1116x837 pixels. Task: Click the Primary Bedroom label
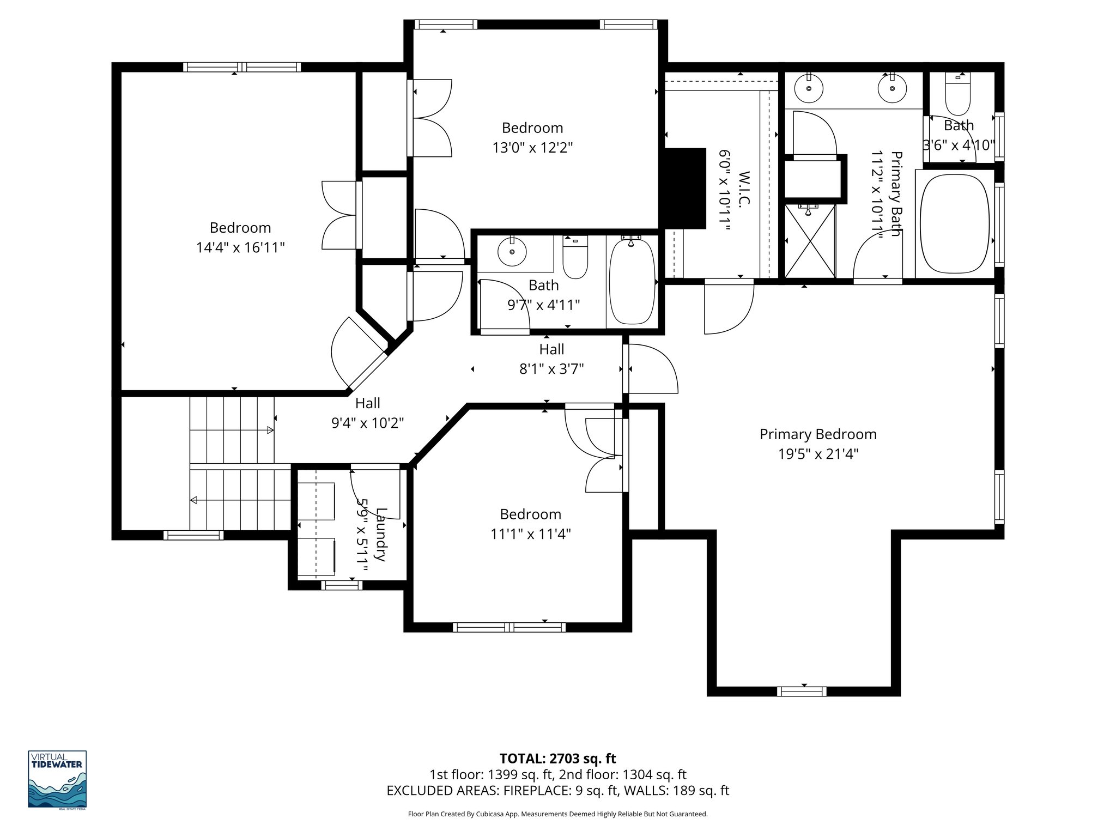[x=818, y=434]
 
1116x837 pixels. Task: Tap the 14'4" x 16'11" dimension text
[x=240, y=248]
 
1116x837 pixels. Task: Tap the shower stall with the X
[x=810, y=241]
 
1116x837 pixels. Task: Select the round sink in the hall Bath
[x=512, y=252]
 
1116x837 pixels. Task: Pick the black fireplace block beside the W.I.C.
[x=683, y=188]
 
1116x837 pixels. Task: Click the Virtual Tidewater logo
[x=57, y=780]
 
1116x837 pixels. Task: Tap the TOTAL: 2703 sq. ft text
[x=557, y=759]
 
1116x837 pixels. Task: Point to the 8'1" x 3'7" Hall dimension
[x=551, y=369]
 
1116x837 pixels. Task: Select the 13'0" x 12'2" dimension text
[x=532, y=148]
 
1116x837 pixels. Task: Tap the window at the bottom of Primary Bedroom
[x=802, y=692]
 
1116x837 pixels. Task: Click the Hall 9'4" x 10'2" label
[x=367, y=413]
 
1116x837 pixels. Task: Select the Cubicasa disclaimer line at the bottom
[x=557, y=814]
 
